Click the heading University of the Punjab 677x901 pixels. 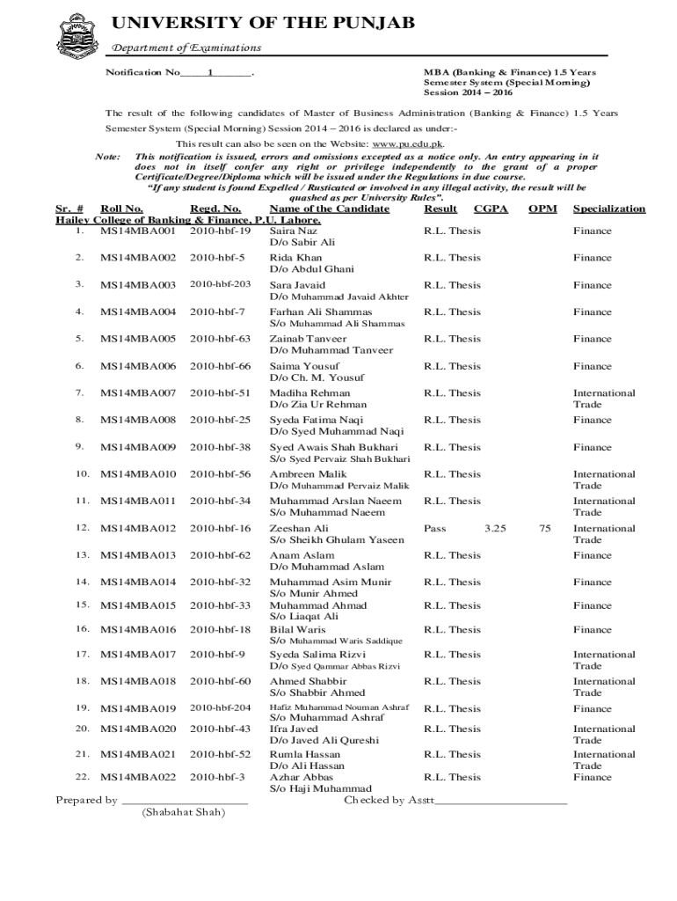click(262, 23)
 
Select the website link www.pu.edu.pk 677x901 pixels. click(408, 143)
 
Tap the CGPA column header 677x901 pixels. click(491, 209)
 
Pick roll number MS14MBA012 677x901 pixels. click(138, 529)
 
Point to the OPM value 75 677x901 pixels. click(545, 529)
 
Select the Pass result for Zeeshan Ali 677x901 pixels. click(435, 529)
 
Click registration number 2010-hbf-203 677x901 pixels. click(221, 285)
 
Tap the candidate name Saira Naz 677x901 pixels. click(294, 231)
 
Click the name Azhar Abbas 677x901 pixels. click(302, 778)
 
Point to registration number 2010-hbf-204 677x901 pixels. click(221, 708)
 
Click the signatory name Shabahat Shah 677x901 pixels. click(183, 812)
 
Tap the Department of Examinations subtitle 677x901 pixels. click(186, 48)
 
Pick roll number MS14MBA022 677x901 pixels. click(138, 778)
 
